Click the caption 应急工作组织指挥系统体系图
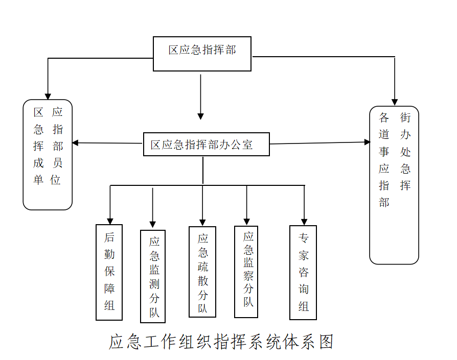[x=221, y=342]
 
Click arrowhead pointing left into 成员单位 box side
[x=76, y=143]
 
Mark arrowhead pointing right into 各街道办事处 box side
[x=367, y=142]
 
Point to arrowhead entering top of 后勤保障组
[x=110, y=222]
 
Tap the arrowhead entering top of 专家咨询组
[x=304, y=222]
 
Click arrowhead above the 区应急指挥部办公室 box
[x=200, y=116]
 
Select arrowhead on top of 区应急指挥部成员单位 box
[x=48, y=97]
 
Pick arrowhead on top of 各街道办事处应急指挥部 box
[x=395, y=102]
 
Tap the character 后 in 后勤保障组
[x=109, y=237]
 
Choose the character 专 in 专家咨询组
[x=304, y=238]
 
